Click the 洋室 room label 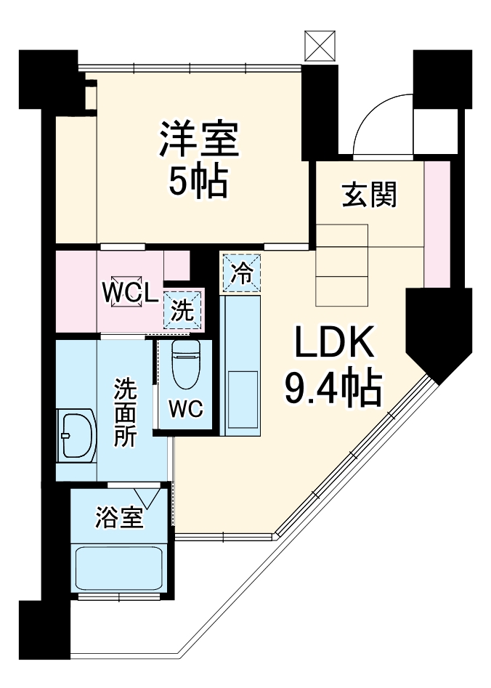(x=199, y=139)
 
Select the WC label (x=186, y=409)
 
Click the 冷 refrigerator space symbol (x=241, y=272)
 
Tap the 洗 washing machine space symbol (x=182, y=311)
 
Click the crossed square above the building (x=319, y=46)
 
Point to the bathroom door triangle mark (x=155, y=497)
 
